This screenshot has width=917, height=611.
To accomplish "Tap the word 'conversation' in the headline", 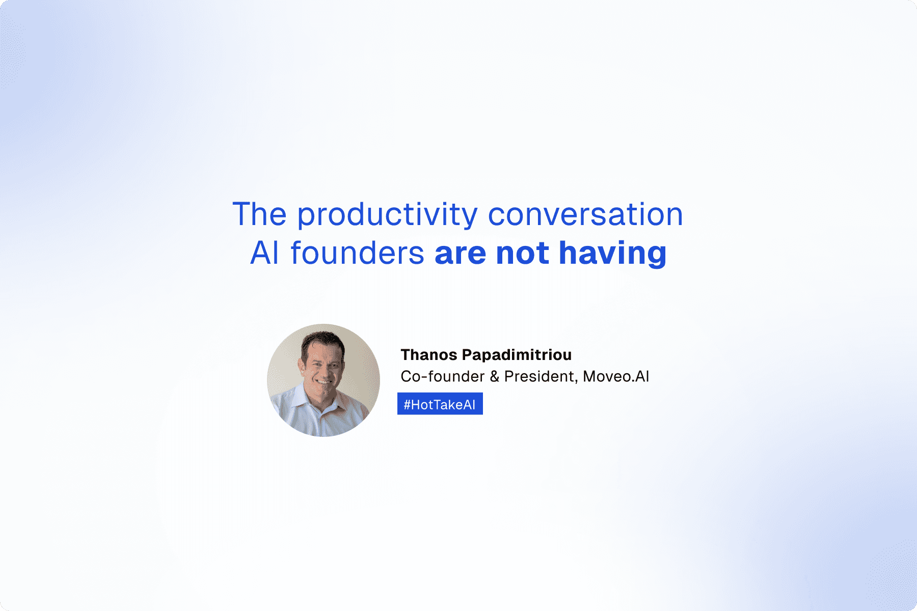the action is [585, 214].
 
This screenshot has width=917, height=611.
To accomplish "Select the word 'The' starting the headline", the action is [259, 214].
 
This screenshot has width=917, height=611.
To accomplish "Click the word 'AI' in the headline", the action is [264, 253].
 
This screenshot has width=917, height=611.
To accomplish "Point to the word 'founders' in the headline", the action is [357, 253].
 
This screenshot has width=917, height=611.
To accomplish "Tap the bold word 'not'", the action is [522, 253].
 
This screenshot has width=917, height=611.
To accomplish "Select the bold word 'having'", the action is [612, 254].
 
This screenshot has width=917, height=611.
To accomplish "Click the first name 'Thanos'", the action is [429, 354].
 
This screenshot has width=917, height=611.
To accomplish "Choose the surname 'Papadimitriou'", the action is [517, 355].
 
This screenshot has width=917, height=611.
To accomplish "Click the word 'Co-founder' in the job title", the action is [443, 376].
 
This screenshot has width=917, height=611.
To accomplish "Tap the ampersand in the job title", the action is [494, 377].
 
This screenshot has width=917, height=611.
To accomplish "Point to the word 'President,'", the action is [541, 377].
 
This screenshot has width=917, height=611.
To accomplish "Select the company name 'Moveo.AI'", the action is [616, 376].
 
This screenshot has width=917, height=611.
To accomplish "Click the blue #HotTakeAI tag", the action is [440, 404].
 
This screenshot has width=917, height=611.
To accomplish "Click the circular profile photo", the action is [323, 380].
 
